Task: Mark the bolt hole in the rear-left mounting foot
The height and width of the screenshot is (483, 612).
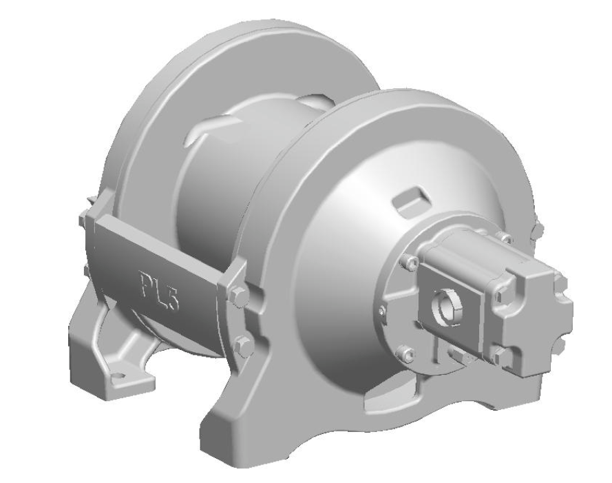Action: [121, 375]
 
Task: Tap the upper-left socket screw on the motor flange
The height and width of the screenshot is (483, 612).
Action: [411, 261]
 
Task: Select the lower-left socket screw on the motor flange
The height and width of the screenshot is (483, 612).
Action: [410, 355]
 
